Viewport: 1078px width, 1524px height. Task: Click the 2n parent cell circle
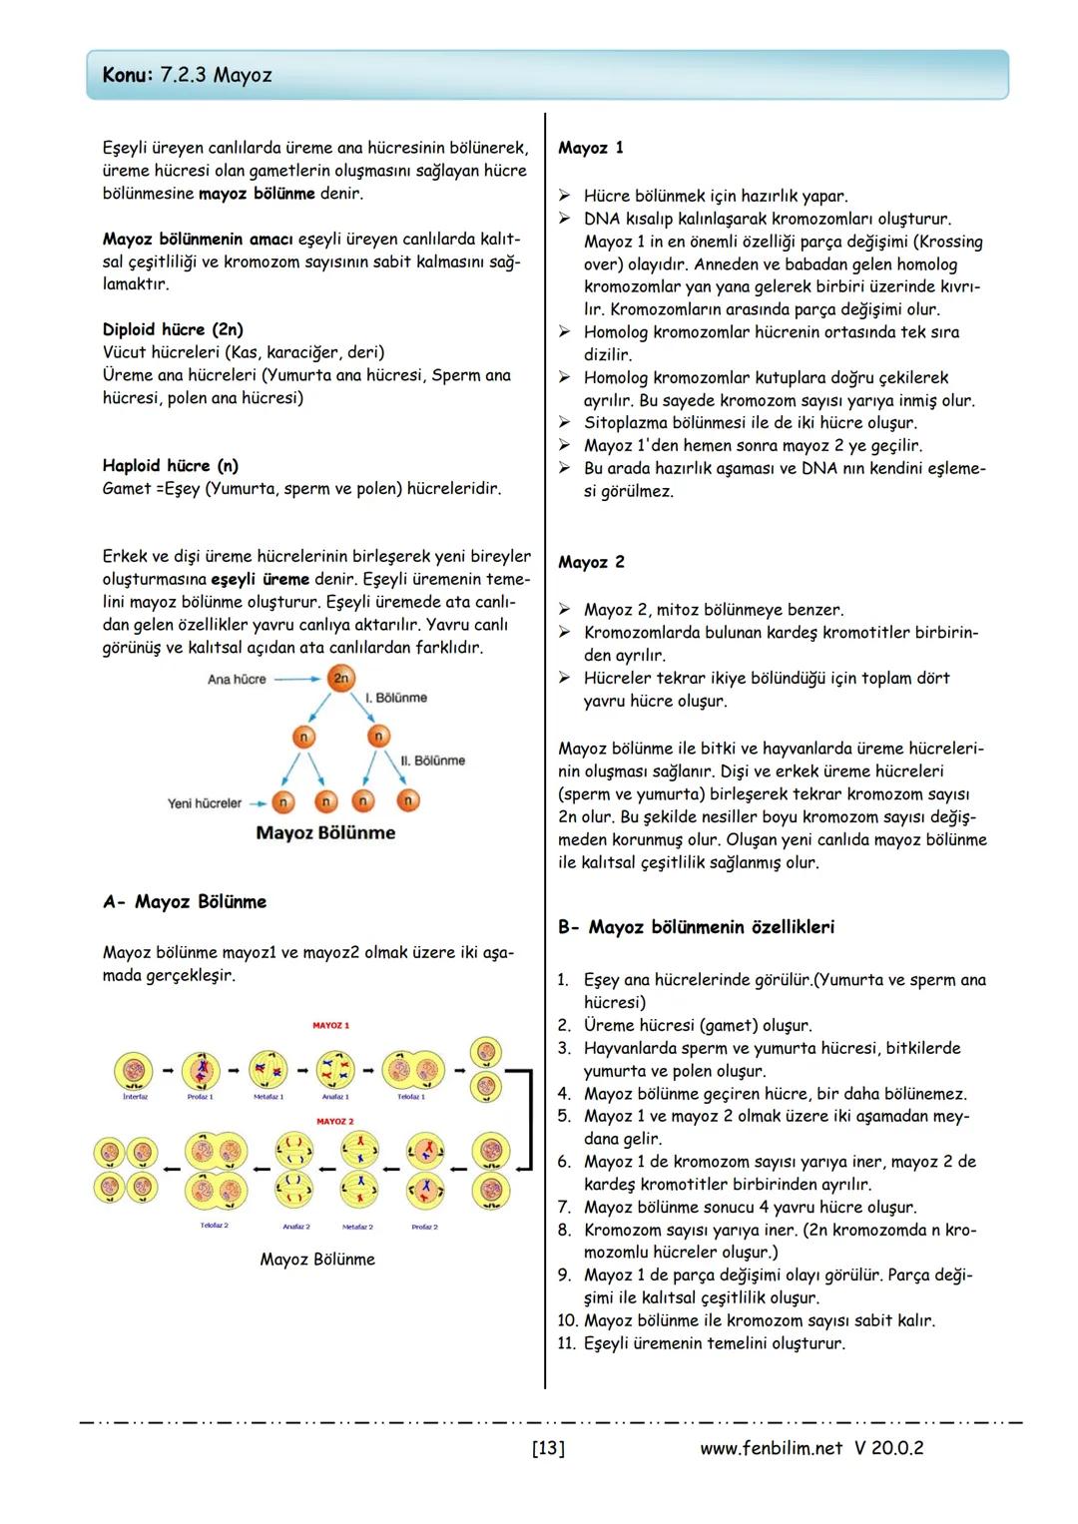(341, 679)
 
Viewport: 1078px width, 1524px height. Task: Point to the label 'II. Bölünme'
(432, 761)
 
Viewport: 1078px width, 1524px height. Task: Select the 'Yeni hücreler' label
(205, 803)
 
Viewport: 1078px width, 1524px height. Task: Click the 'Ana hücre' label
(237, 680)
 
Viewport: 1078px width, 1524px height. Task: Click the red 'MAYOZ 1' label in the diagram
(331, 1025)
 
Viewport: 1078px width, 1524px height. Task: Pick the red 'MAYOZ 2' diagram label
(334, 1122)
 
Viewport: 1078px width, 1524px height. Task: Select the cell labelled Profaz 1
(201, 1071)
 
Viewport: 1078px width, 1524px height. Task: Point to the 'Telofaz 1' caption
(410, 1097)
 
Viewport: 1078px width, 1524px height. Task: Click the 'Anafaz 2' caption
(296, 1227)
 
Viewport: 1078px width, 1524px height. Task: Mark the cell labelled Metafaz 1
(268, 1071)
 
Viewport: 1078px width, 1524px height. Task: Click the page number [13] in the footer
(548, 1448)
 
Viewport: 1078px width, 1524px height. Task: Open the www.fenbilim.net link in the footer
(771, 1448)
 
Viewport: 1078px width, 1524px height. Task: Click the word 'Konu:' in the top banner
(128, 76)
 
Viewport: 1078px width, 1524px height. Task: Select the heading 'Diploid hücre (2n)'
(173, 329)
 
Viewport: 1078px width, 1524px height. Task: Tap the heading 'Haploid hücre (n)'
(171, 466)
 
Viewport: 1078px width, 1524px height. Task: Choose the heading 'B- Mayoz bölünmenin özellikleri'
(696, 927)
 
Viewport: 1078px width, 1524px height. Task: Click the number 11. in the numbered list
(567, 1343)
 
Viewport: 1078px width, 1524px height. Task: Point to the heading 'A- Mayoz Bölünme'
(185, 902)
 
